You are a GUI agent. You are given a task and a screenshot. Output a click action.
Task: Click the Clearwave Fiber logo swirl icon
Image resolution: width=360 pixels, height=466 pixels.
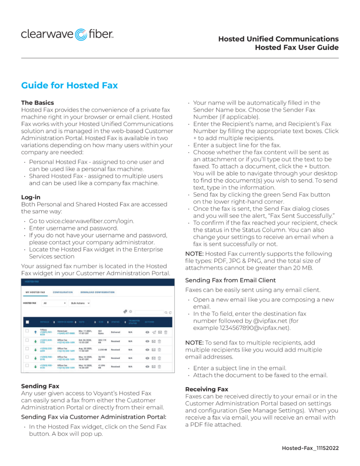(81, 35)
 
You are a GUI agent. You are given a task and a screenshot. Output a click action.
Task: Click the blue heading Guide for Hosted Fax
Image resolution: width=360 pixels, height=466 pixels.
(70, 86)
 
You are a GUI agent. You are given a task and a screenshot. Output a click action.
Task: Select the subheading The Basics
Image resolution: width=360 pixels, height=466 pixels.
(38, 103)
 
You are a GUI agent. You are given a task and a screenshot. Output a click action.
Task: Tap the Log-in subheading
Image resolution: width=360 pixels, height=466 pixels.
(31, 197)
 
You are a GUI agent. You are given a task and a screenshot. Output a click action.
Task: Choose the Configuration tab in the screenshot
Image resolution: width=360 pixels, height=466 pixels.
(63, 292)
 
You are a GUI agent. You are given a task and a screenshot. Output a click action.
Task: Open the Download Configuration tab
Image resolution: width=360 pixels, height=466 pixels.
(97, 292)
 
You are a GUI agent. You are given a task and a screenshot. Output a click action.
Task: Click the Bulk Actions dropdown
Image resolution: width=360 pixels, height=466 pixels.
(80, 303)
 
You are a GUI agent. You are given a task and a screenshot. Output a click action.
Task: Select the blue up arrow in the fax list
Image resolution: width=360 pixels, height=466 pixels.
(35, 333)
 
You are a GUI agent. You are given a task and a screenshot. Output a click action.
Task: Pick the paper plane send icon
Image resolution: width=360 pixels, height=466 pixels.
(153, 333)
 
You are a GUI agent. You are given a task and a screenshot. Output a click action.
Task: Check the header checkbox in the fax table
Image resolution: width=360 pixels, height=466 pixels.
(27, 322)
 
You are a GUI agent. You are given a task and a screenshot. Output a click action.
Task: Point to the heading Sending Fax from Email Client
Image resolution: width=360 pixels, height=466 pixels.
(230, 280)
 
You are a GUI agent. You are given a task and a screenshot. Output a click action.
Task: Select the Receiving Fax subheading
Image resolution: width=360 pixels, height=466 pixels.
(207, 390)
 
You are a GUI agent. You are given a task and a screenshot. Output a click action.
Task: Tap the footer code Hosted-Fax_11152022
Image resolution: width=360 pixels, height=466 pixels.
(310, 448)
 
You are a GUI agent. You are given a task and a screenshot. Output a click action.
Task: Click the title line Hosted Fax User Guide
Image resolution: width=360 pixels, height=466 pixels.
(296, 47)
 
